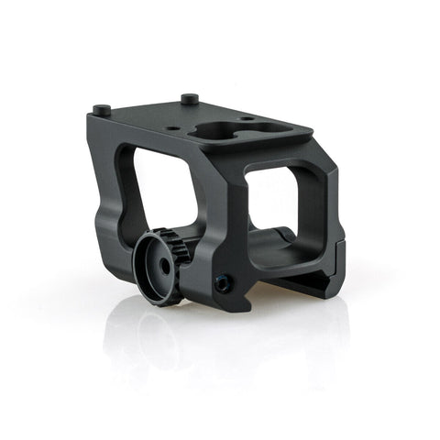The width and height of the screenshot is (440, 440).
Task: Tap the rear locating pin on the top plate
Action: pyautogui.click(x=189, y=97)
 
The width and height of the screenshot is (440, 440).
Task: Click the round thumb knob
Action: pyautogui.click(x=156, y=265)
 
